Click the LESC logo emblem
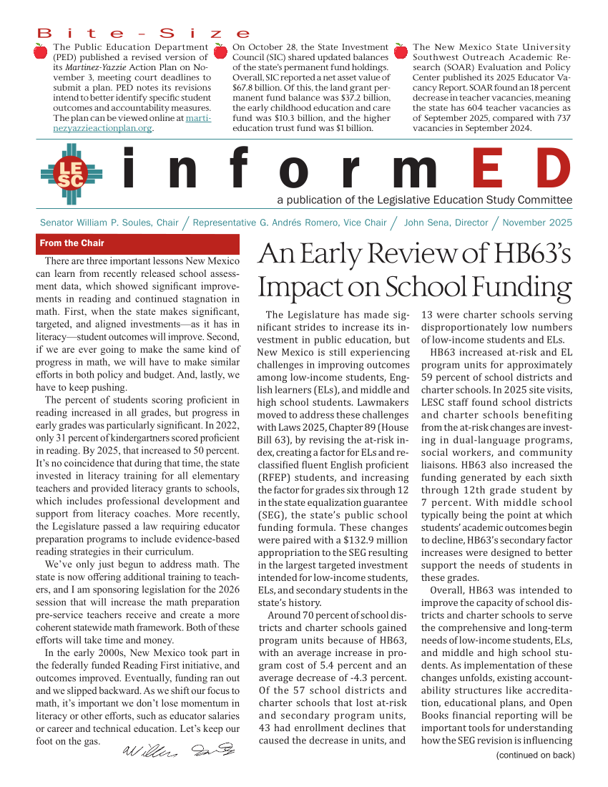pyautogui.click(x=72, y=174)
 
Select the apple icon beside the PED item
pyautogui.click(x=41, y=51)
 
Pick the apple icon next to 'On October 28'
pyautogui.click(x=222, y=51)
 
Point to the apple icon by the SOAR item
pyautogui.click(x=401, y=51)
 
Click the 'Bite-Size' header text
pyautogui.click(x=143, y=34)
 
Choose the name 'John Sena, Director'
pyautogui.click(x=446, y=223)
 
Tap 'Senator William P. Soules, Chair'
pyautogui.click(x=109, y=223)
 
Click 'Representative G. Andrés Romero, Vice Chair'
pyautogui.click(x=290, y=223)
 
